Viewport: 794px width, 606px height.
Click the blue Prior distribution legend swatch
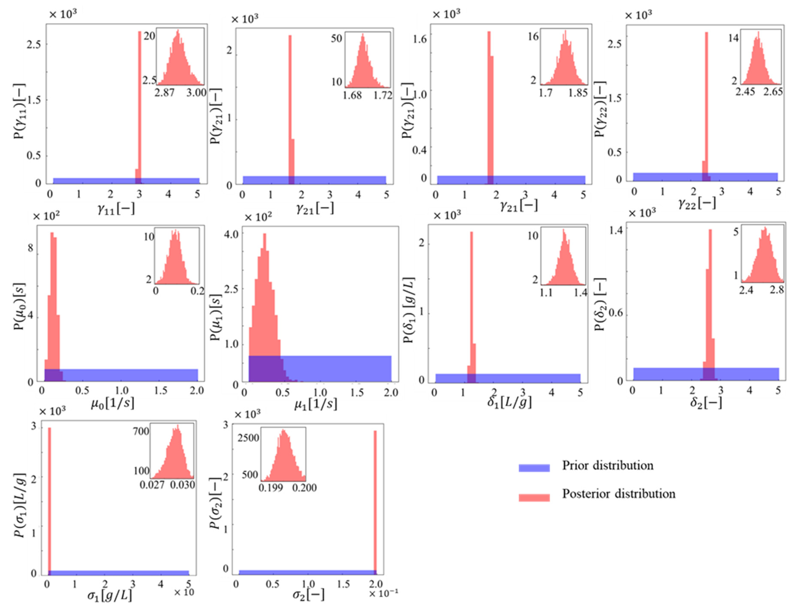point(534,468)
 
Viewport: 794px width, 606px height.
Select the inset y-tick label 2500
point(248,438)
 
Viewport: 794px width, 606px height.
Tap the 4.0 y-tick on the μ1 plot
point(231,234)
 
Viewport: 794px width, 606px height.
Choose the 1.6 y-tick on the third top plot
point(420,39)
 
